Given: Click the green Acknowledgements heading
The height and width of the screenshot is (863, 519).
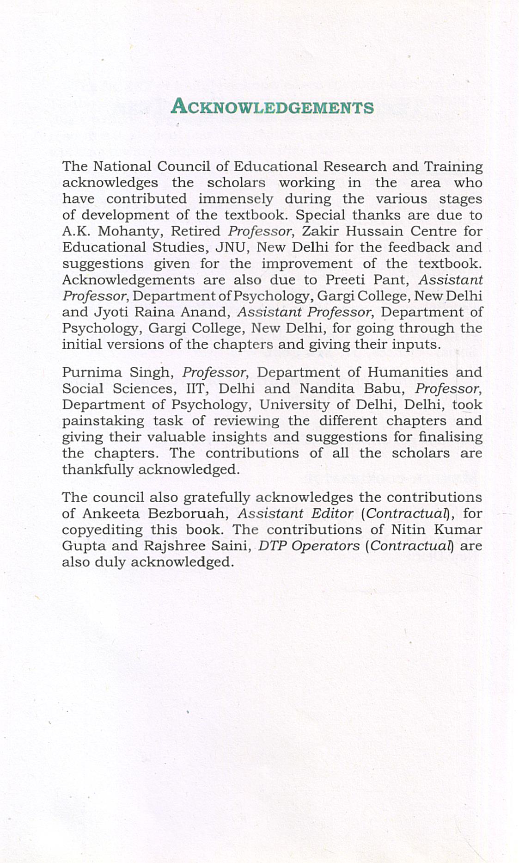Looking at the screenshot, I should click(x=272, y=107).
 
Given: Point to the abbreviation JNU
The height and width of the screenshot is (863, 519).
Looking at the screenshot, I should click(x=230, y=247).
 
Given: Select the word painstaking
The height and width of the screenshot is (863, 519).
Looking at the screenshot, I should click(x=103, y=421).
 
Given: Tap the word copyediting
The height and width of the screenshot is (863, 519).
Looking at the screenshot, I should click(x=102, y=530).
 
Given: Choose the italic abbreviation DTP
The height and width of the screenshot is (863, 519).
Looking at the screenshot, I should click(x=271, y=546).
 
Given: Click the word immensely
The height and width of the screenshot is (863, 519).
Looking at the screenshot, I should click(x=236, y=199).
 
